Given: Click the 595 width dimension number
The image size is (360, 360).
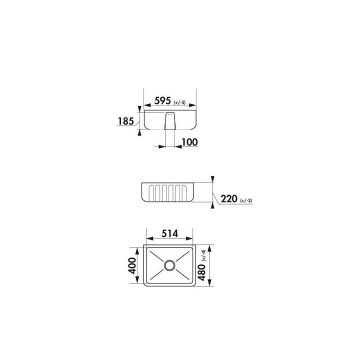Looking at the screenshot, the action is click(162, 100).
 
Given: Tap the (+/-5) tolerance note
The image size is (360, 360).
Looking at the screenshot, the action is click(179, 102).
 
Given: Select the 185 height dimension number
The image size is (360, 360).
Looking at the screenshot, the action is click(126, 121).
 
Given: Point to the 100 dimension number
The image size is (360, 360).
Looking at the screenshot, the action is click(189, 142).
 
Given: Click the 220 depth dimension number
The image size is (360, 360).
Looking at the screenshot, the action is click(229, 198).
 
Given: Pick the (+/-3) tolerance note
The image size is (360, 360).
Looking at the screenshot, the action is click(246, 200).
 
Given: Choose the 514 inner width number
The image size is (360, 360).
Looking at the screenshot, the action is click(170, 233).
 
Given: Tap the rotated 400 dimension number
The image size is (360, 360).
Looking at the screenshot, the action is click(132, 265).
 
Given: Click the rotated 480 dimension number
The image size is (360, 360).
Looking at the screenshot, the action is click(201, 272).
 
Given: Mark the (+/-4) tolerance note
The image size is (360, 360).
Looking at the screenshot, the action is click(203, 255).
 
